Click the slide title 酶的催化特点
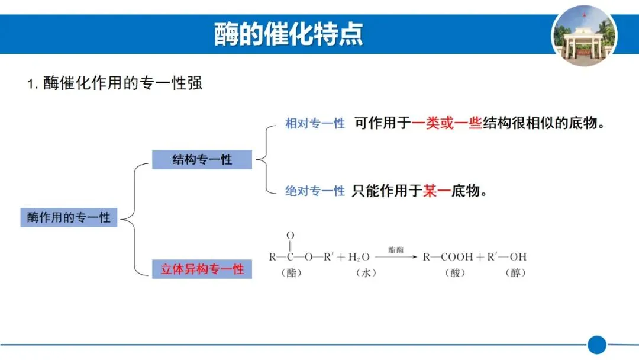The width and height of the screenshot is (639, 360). [289, 35]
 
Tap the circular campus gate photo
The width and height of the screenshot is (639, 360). [583, 35]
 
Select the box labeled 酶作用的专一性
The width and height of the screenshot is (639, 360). [69, 217]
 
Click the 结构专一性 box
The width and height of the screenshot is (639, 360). [202, 159]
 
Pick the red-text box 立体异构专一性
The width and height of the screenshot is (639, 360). [202, 269]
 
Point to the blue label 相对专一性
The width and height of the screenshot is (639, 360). [315, 124]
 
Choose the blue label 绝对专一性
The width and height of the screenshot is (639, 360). [315, 191]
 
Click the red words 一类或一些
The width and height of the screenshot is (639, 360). [447, 123]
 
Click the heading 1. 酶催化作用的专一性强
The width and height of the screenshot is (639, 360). [115, 83]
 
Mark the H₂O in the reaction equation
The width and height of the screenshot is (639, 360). [359, 257]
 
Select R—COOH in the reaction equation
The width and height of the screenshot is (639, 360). [448, 257]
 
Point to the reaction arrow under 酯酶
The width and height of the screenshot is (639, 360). [396, 257]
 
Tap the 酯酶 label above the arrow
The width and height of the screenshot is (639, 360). [396, 250]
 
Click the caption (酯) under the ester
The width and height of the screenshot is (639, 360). [291, 273]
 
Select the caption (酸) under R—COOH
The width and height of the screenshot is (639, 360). [454, 273]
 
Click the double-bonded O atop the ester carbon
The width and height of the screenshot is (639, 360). [291, 236]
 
